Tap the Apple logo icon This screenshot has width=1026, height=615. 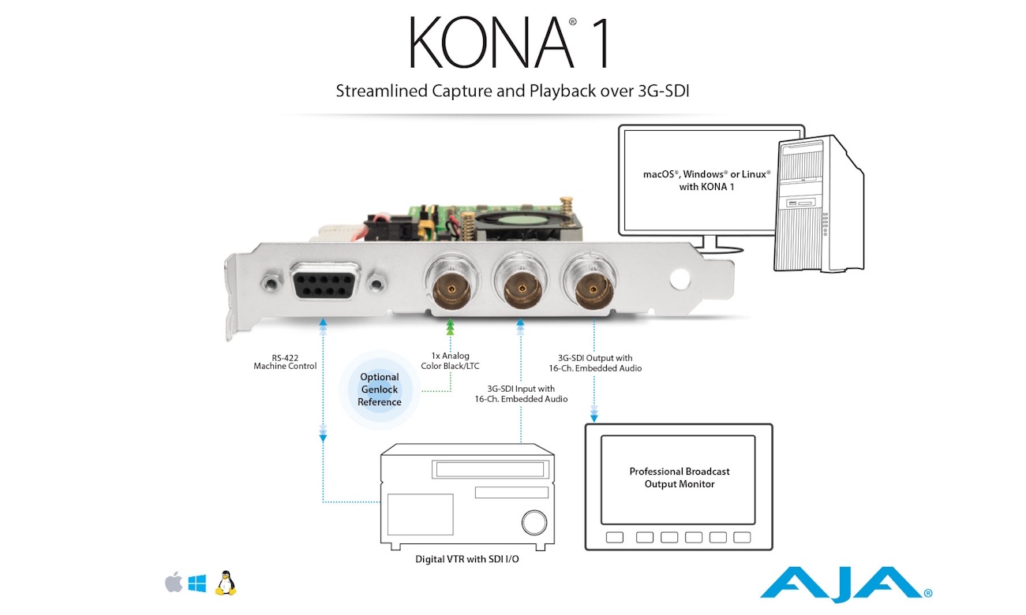point(174,583)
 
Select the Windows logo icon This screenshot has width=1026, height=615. point(197,583)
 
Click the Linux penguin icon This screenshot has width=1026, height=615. point(226,583)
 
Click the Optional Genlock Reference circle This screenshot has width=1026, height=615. point(380,389)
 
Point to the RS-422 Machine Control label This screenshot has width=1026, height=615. point(285,362)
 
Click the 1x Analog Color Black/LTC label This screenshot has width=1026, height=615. point(450,360)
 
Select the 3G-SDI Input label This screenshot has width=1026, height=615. point(521,393)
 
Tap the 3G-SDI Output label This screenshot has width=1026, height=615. point(595,363)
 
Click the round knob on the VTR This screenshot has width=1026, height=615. point(534,522)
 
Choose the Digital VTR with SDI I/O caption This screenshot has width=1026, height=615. point(466,559)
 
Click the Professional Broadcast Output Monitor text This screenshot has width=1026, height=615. point(680,477)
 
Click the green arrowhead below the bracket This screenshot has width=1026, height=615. point(450,326)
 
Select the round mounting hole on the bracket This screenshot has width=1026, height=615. point(680,278)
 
